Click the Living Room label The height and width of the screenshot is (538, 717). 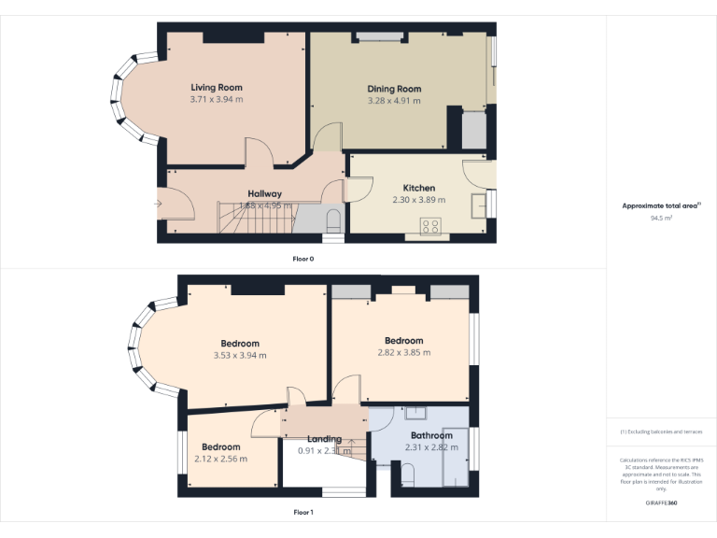coord(217,88)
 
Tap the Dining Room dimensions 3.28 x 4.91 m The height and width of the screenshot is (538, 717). coord(394,101)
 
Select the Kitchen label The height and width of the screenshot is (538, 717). coord(418,188)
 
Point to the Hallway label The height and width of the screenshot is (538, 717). coord(264,193)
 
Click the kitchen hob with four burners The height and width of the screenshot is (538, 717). coord(432,224)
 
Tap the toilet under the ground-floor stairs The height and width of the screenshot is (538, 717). coord(334,219)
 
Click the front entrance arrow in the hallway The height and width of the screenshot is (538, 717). coord(159,203)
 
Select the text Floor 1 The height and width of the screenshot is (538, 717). coord(303,512)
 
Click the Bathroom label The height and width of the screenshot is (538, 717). coord(430,436)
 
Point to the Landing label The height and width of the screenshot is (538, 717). coord(324,439)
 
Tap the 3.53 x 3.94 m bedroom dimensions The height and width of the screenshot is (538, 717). coord(240,355)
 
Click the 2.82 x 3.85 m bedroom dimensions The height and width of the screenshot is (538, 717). coord(403,352)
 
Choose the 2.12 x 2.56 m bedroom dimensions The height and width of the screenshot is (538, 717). coord(221,459)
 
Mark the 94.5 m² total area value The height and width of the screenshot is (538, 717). coord(661,218)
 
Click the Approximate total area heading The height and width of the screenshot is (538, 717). coord(660,205)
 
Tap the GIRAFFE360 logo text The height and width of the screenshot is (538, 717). coord(661,503)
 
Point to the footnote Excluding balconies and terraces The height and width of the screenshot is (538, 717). coord(661,432)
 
